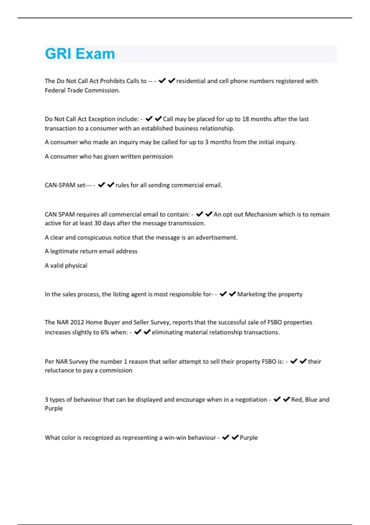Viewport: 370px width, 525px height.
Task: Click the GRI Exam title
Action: pyautogui.click(x=80, y=54)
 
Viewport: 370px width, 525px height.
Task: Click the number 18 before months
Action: pyautogui.click(x=245, y=119)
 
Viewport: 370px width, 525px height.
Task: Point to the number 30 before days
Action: pyautogui.click(x=98, y=223)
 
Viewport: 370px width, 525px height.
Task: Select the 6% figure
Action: pyautogui.click(x=105, y=332)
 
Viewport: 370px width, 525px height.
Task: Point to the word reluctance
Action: pyautogui.click(x=59, y=371)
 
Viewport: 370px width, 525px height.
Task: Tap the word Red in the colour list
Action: pyautogui.click(x=297, y=400)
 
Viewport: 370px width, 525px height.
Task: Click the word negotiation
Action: pyautogui.click(x=251, y=400)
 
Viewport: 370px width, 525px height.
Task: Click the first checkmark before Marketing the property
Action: pyautogui.click(x=223, y=294)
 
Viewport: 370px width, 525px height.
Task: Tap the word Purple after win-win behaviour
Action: pyautogui.click(x=249, y=438)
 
